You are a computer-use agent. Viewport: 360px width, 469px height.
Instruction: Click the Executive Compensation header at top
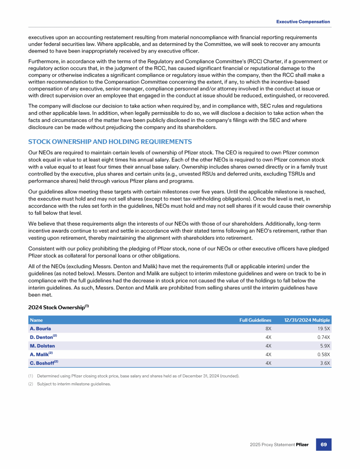point(303,22)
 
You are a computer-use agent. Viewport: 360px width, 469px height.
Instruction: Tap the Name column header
point(36,320)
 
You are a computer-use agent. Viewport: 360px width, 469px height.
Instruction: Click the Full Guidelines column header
point(255,320)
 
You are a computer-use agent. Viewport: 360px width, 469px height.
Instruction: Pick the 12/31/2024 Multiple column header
point(307,320)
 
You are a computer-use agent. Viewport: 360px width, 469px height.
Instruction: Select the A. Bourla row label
point(40,329)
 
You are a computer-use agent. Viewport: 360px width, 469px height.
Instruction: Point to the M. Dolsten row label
point(43,346)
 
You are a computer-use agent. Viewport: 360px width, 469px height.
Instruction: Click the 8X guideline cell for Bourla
point(268,329)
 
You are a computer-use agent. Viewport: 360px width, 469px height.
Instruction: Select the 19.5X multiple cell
point(322,329)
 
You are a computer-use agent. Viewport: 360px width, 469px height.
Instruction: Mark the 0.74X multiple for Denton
point(322,337)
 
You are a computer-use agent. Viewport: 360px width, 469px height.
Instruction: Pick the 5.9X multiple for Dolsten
point(324,346)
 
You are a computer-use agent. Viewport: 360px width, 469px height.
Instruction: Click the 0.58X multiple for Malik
point(322,354)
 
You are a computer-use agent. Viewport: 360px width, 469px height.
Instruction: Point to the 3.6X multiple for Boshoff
point(324,363)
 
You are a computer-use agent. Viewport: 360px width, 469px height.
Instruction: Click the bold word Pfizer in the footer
point(302,444)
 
